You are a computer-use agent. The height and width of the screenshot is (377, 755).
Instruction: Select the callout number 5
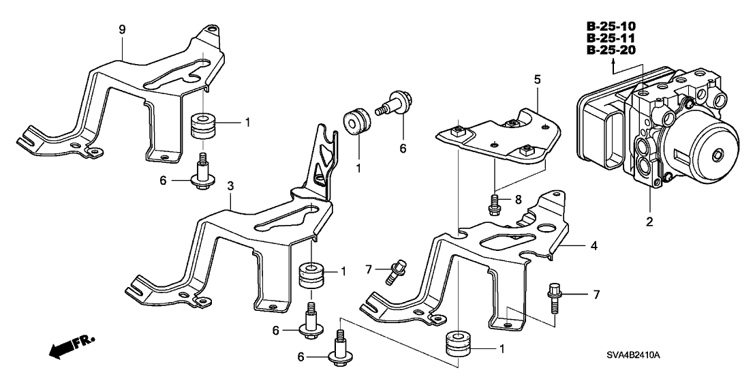tap(537, 79)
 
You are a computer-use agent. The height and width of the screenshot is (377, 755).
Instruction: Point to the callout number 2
tap(649, 221)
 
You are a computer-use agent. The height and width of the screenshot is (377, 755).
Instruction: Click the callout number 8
tap(518, 200)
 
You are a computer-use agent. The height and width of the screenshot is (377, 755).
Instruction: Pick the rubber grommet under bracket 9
tap(203, 126)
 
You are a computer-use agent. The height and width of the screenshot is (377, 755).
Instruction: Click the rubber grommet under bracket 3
tap(312, 275)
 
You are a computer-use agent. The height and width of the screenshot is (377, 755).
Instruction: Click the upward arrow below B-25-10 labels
tap(614, 65)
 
